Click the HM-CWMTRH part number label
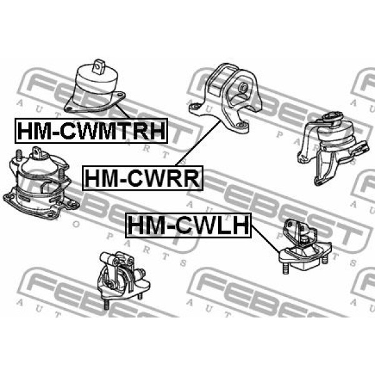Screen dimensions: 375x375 [x=91, y=131]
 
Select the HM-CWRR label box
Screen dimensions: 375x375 [x=142, y=178]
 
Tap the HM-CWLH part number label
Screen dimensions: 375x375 [x=189, y=225]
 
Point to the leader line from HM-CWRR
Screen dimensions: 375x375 [x=198, y=143]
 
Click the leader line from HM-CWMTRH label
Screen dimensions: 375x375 [x=122, y=111]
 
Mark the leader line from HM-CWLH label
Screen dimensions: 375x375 [x=266, y=239]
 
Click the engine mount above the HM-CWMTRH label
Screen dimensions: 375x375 [x=95, y=87]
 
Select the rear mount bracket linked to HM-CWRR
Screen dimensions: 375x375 [x=224, y=97]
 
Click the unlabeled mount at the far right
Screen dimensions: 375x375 [x=333, y=148]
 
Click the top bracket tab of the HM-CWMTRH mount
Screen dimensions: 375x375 [x=99, y=66]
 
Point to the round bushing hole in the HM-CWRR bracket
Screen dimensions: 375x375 [x=243, y=87]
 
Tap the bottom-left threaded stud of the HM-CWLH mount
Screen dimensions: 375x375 [x=285, y=268]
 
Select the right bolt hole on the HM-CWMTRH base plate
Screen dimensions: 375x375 [x=120, y=96]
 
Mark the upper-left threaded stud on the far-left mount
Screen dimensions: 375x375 [x=19, y=155]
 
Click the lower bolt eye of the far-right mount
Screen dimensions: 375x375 [x=318, y=182]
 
